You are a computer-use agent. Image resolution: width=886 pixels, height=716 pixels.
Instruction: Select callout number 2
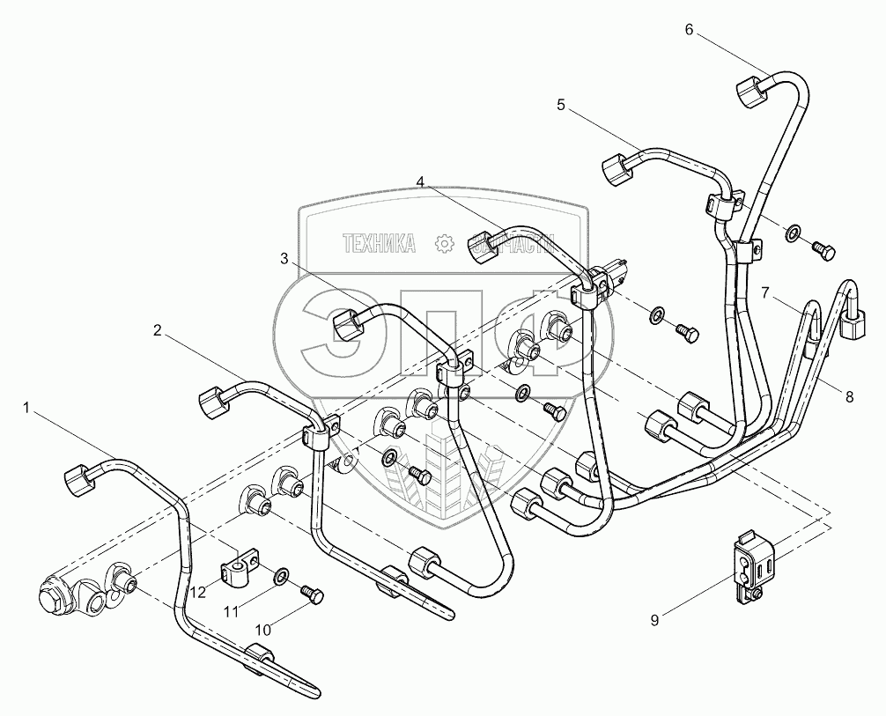point(157,331)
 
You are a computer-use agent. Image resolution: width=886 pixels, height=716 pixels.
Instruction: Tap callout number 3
point(284,258)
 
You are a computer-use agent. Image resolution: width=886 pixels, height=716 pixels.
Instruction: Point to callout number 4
point(421,182)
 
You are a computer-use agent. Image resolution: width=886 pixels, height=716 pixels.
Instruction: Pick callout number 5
point(560,105)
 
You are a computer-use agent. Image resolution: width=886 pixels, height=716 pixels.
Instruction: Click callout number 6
point(689,30)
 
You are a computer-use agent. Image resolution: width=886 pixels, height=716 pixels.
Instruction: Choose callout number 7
point(765,292)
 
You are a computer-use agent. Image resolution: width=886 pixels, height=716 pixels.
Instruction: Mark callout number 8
point(849,397)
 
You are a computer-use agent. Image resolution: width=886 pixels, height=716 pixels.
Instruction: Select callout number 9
point(654,620)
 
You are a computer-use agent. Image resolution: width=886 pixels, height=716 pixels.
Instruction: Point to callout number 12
point(200,593)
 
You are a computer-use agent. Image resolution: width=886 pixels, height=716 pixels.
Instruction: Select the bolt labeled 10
point(311,595)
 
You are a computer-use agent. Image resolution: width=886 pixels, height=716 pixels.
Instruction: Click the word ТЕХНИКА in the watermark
point(380,244)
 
